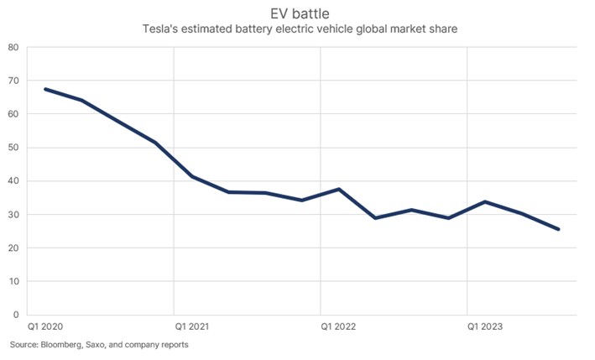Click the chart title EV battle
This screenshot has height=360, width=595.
tap(297, 14)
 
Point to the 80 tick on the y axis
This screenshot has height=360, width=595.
tap(14, 47)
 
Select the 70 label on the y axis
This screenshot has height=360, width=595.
tap(14, 81)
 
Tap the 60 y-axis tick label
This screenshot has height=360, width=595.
tap(14, 114)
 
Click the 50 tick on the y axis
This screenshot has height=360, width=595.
tap(14, 148)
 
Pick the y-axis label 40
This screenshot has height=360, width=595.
tap(14, 181)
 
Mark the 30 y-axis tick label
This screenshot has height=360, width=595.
tap(14, 215)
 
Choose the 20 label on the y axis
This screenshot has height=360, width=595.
tap(14, 248)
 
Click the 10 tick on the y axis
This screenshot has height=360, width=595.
tap(14, 282)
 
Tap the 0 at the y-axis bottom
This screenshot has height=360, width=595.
tap(17, 316)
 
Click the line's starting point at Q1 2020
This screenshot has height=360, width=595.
tap(44, 89)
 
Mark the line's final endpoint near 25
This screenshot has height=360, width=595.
tap(559, 229)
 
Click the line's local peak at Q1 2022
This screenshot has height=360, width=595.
tap(339, 189)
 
